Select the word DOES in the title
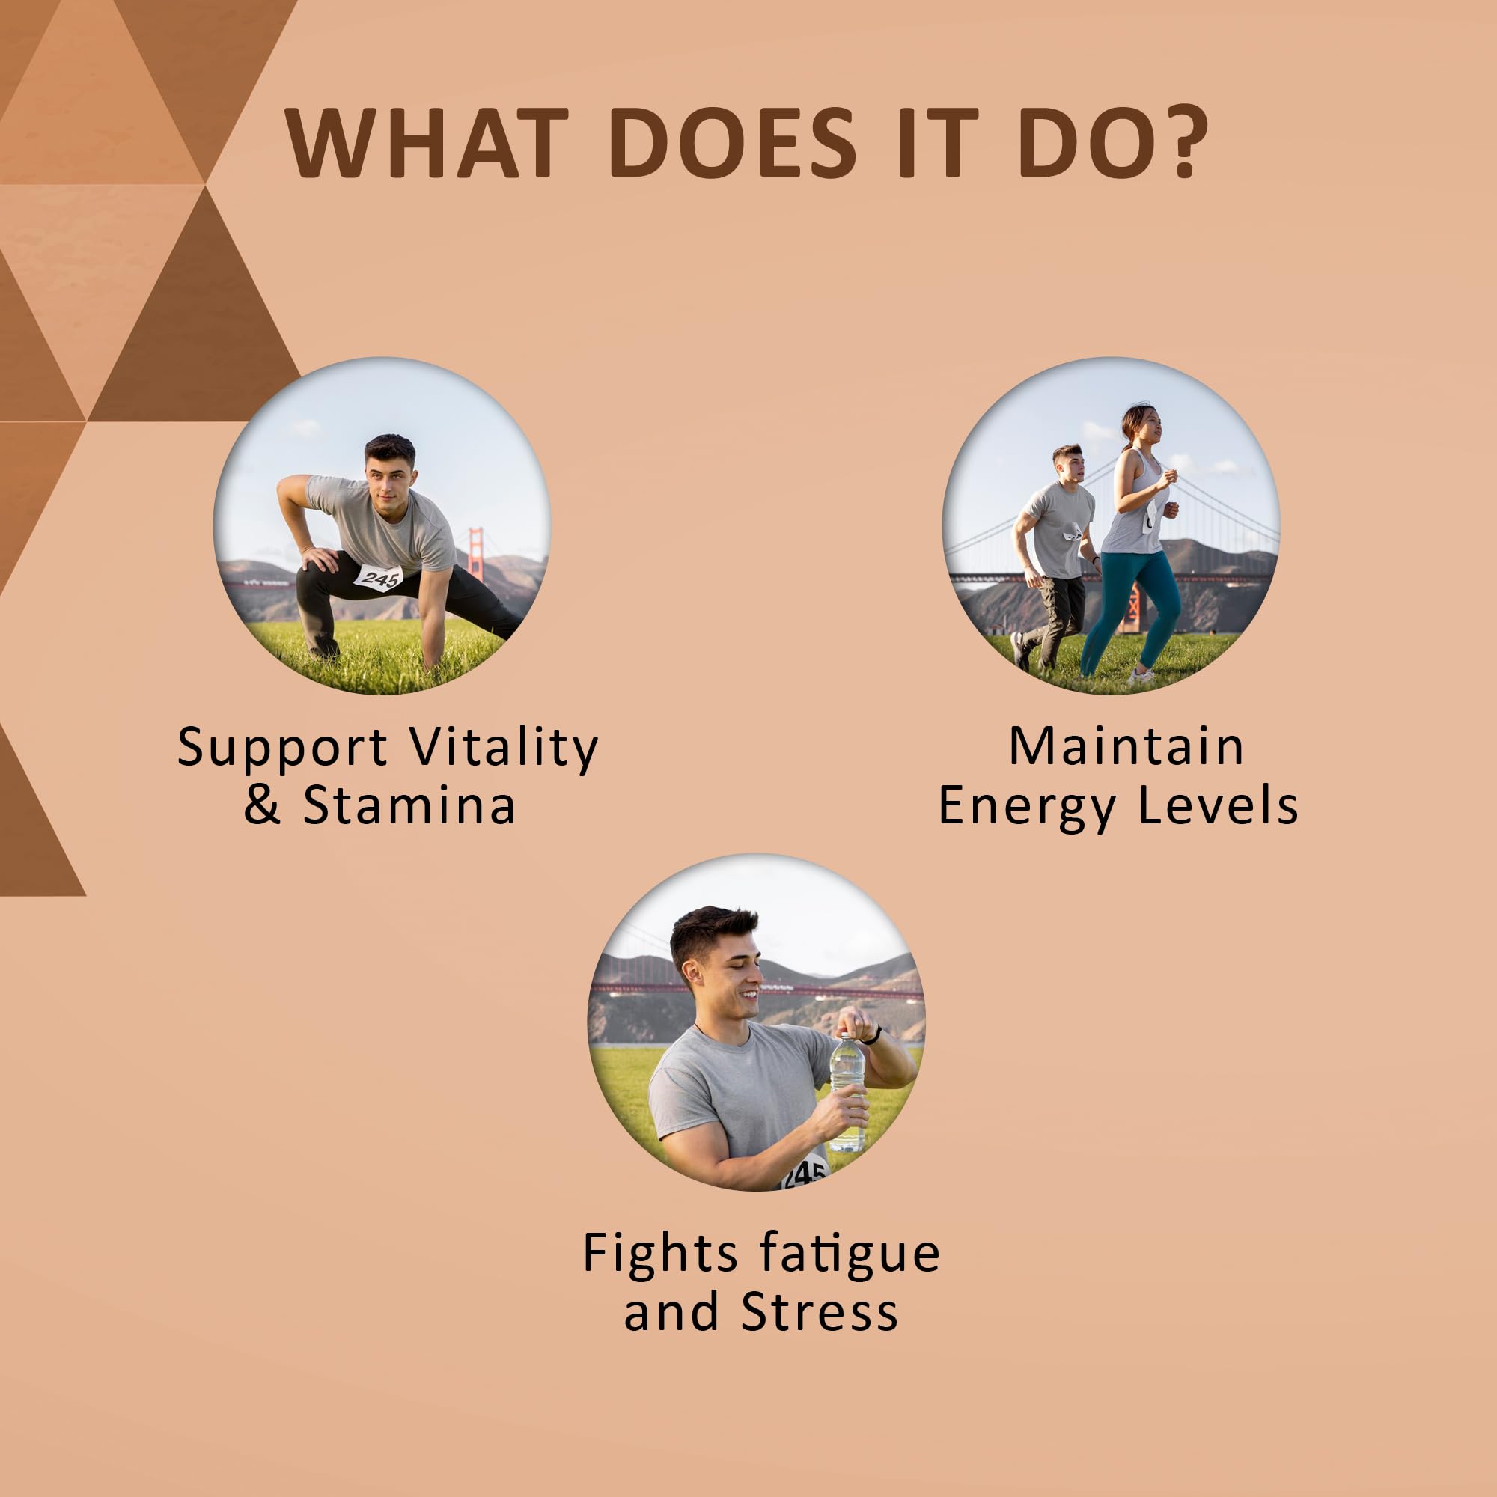(x=733, y=142)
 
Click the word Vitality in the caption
(x=504, y=749)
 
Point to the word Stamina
(x=409, y=806)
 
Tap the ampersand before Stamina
(x=262, y=806)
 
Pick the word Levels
(x=1218, y=806)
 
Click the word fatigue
(x=850, y=1254)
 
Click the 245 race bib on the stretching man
(x=379, y=577)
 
